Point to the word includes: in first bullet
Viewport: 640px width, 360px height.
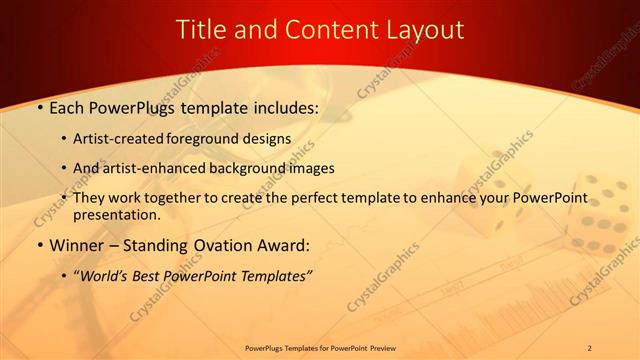(x=281, y=105)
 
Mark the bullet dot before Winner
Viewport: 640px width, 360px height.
(x=40, y=245)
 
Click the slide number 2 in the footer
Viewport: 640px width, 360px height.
(x=589, y=348)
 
